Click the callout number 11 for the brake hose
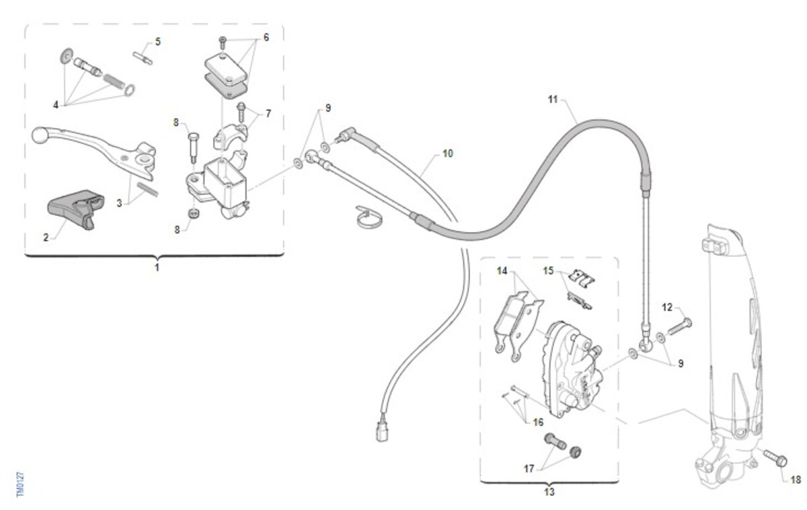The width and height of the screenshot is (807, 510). pos(553,100)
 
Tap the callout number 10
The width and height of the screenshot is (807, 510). pos(447,153)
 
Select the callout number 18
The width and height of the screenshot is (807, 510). pos(796,480)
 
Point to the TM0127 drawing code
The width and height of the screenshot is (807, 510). pos(21,484)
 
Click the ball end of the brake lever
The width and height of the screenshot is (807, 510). pos(38,135)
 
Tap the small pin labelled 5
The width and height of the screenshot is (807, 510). pos(143,59)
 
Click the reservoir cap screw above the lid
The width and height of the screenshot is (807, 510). pos(223,42)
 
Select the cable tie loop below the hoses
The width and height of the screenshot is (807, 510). pos(369,218)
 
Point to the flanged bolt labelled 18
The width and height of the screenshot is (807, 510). pos(775,458)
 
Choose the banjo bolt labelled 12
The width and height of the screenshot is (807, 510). pos(680,326)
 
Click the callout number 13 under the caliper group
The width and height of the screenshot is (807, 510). pos(549,492)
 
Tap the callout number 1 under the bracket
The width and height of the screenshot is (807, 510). pos(157,267)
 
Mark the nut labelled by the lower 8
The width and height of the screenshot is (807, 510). pos(194,213)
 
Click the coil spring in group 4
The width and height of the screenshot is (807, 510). pos(114,82)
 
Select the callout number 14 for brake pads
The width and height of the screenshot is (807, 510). pos(502,270)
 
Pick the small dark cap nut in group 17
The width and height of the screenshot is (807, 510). pos(576,451)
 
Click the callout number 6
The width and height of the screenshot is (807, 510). pos(266,37)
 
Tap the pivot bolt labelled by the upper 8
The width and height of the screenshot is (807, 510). pos(194,148)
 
